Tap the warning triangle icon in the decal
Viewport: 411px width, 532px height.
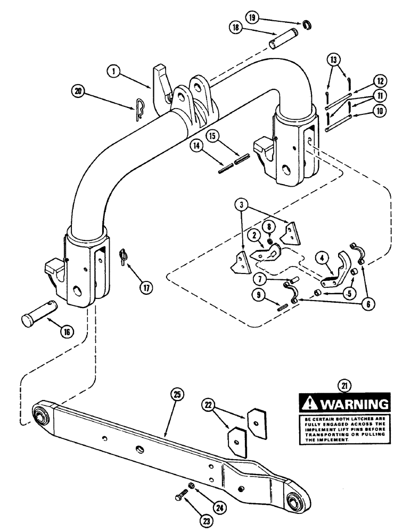[x=309, y=404]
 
